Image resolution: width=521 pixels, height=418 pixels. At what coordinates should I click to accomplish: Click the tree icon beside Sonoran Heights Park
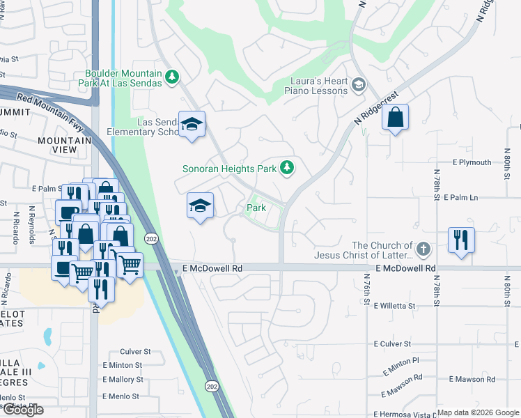tap(286, 168)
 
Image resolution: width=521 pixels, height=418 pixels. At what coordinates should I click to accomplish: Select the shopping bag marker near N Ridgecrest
tap(395, 118)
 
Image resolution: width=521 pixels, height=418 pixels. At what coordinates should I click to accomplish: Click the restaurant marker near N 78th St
tap(461, 240)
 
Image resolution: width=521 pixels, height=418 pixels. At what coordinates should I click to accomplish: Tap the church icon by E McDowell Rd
tap(423, 249)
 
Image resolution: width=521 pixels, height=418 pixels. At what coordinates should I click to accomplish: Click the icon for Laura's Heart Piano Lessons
tap(359, 86)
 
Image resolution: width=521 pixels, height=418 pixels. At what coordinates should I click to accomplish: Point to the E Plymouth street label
tap(472, 162)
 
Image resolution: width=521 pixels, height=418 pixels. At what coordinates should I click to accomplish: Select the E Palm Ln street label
tap(460, 198)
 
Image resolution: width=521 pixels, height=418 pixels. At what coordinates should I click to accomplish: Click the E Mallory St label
tap(122, 380)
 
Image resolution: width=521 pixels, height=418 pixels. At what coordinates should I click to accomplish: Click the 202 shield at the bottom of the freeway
tap(211, 385)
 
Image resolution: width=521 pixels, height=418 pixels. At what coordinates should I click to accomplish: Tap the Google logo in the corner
tap(22, 410)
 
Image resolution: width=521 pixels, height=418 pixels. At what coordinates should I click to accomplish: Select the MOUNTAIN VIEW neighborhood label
tap(65, 146)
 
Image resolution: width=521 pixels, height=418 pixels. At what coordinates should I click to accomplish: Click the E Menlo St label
tap(120, 396)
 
